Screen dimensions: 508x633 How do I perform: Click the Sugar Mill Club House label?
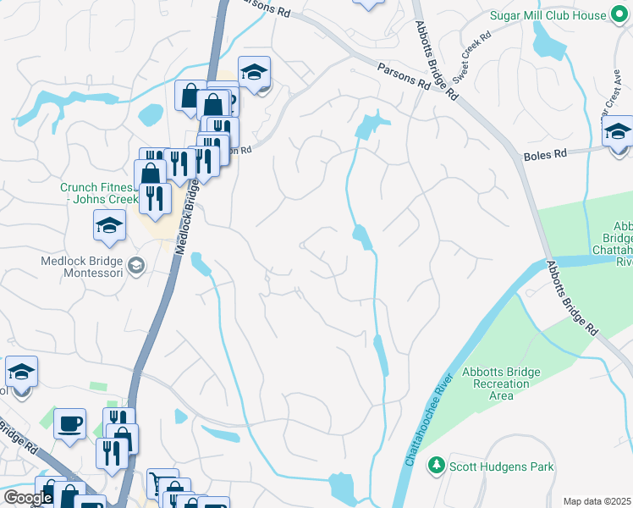click(560, 15)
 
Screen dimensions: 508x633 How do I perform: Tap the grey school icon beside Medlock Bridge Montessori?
click(135, 267)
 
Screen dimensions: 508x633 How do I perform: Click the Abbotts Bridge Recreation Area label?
click(496, 384)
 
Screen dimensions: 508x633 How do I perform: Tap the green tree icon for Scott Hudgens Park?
click(436, 466)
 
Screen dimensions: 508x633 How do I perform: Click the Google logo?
click(28, 498)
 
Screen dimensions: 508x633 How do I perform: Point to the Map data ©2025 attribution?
click(597, 501)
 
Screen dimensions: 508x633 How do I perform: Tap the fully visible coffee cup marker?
click(69, 422)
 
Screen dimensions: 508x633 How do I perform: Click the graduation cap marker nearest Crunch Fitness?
click(109, 225)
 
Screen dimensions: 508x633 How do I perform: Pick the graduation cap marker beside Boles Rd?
click(619, 131)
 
